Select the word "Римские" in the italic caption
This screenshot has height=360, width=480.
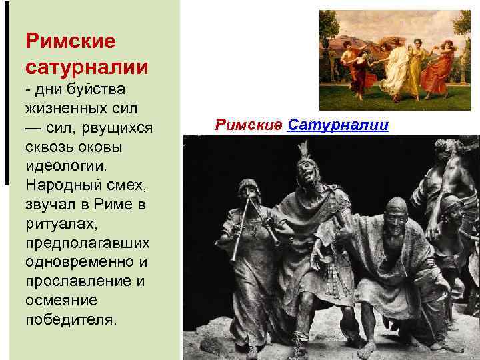[x=249, y=125]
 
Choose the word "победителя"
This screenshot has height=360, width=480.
[x=71, y=319]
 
